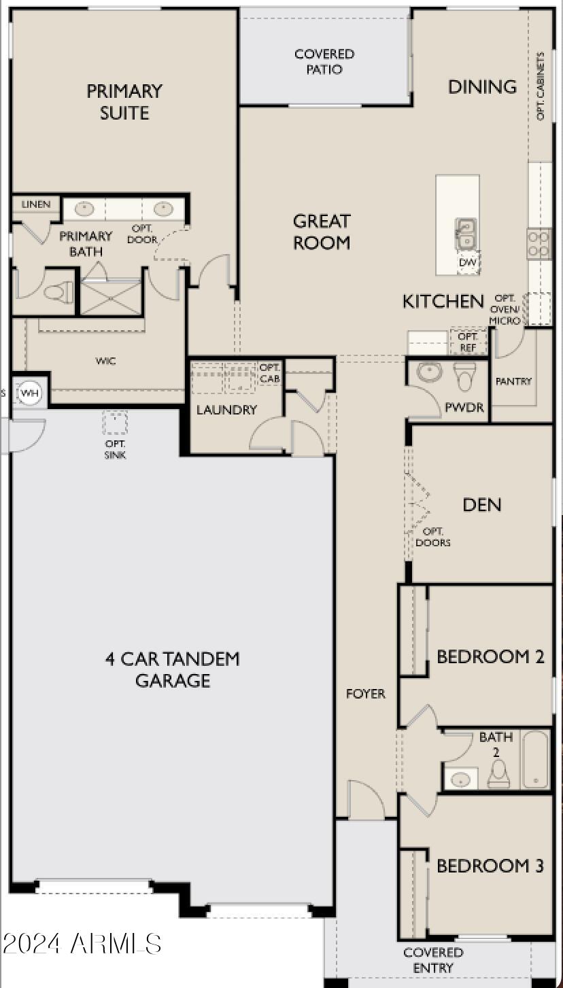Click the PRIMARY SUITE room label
[124, 101]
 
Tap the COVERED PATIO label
[324, 61]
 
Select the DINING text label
[482, 86]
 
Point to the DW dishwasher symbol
[468, 262]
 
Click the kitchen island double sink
[466, 234]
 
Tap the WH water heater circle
[30, 392]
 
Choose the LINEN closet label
[35, 204]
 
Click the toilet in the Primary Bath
[58, 294]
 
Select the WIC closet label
[105, 361]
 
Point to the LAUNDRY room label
[226, 410]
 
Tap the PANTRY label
[513, 381]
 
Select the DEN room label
[481, 504]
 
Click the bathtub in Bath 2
[534, 759]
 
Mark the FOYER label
[365, 694]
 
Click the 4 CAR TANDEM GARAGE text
[172, 669]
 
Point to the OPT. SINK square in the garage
[114, 423]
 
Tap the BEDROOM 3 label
[490, 866]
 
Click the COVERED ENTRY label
[433, 960]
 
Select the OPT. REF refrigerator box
[468, 341]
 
